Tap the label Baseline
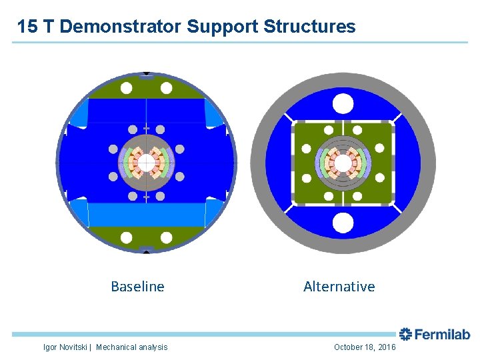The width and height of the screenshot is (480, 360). click(137, 287)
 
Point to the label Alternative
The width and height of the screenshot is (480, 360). click(339, 287)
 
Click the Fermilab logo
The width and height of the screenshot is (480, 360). click(435, 335)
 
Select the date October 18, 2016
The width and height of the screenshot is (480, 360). click(365, 347)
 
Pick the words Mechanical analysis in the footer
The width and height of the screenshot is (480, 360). click(132, 347)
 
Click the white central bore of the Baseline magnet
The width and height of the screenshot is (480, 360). click(146, 162)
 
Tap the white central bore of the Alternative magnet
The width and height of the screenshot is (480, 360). click(343, 163)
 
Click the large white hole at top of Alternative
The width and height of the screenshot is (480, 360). click(343, 103)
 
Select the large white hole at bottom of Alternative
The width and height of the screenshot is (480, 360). click(343, 222)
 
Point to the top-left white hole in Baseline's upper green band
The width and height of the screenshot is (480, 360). click(126, 88)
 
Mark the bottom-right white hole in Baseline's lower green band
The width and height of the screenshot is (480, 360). click(167, 237)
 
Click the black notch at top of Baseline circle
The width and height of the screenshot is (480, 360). click(147, 73)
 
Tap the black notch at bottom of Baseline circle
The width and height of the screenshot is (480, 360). click(147, 251)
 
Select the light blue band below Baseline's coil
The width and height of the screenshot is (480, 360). click(146, 213)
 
